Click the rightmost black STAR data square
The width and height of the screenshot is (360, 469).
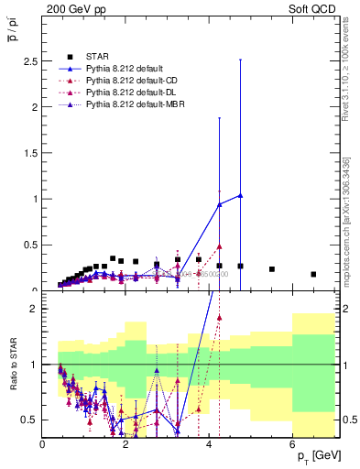pos(313,274)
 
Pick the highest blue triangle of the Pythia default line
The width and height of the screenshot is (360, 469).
pos(240,195)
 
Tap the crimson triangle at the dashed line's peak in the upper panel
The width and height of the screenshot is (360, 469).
pos(220,246)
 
